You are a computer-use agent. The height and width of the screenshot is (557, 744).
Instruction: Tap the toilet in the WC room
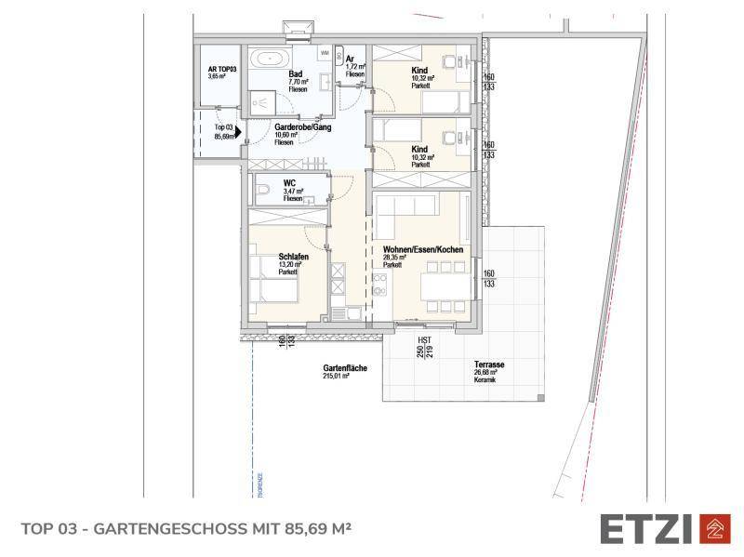261,192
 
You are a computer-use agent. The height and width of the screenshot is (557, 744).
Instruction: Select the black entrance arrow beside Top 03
238,132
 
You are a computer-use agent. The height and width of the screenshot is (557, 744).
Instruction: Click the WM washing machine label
325,53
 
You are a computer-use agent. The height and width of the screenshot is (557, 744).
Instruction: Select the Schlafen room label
293,256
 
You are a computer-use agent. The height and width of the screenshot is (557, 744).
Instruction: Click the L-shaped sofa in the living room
405,209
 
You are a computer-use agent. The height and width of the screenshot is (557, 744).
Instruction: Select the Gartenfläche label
345,368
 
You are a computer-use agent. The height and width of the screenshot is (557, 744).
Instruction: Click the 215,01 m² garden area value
344,378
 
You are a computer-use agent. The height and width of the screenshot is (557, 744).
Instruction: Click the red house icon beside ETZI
713,527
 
